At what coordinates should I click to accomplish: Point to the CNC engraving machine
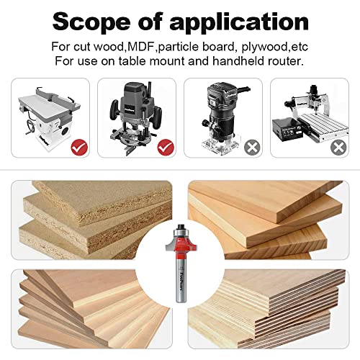[306, 115]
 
